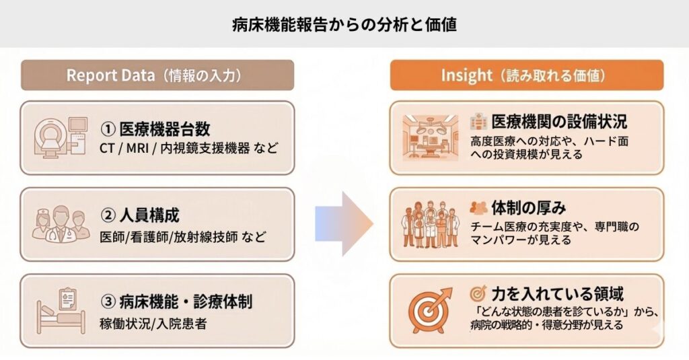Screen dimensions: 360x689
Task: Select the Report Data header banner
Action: pos(157,75)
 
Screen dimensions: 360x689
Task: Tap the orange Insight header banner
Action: pos(527,75)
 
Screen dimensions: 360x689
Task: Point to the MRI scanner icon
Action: pos(60,138)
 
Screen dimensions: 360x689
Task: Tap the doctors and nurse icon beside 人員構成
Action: pos(61,224)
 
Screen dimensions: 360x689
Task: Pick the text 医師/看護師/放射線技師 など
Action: pos(182,237)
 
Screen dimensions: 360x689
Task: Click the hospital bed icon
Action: pos(61,310)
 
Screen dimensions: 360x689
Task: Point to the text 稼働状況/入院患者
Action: pos(153,323)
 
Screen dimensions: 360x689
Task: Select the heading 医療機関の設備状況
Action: pos(559,122)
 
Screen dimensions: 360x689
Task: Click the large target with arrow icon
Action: pos(431,310)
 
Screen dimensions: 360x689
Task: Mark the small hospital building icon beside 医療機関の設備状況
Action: pos(479,121)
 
